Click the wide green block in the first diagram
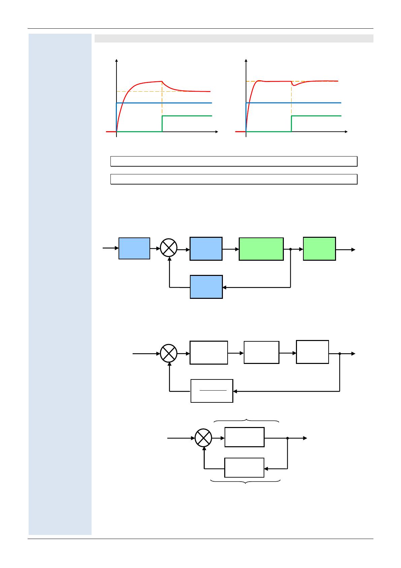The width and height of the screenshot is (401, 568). (x=261, y=249)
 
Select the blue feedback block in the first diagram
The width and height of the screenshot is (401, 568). (x=206, y=287)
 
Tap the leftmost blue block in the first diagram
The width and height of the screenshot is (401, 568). (x=134, y=248)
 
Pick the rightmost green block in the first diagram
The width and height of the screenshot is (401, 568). (x=319, y=249)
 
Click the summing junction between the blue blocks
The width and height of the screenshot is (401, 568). (x=168, y=248)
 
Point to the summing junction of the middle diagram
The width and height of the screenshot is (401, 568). (x=168, y=353)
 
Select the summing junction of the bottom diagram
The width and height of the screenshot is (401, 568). (x=203, y=438)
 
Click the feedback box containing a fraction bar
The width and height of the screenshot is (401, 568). (x=212, y=391)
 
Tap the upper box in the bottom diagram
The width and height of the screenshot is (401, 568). (x=244, y=437)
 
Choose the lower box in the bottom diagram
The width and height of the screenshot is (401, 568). (x=244, y=467)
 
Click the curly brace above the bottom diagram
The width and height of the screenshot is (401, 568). (x=247, y=420)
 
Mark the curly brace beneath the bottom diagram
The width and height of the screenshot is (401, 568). (x=245, y=482)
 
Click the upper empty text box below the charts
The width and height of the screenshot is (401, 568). (x=234, y=161)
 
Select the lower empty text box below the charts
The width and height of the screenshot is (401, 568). (x=234, y=179)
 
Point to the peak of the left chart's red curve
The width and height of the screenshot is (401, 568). (x=162, y=81)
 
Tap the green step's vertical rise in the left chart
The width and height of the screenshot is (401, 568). (x=162, y=123)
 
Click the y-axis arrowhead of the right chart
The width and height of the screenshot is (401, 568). (x=246, y=61)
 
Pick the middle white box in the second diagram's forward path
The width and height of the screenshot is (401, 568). (x=261, y=352)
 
